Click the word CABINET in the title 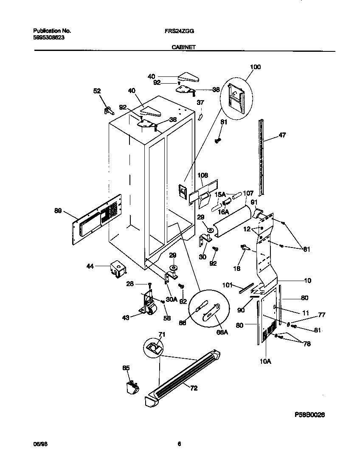pos(183,48)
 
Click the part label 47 pos(282,135)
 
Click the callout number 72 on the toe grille pos(194,388)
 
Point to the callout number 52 pos(97,91)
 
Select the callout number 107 pos(248,193)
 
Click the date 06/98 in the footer pos(38,444)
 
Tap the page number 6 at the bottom pos(180,444)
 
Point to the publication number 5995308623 pos(49,37)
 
